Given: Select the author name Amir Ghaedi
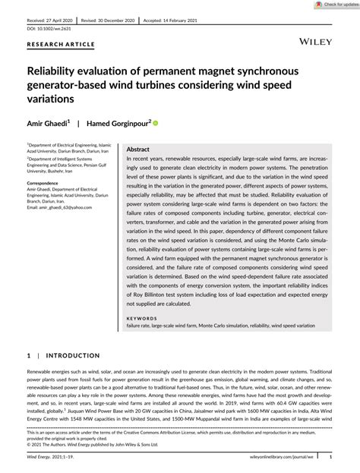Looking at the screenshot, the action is [50, 121].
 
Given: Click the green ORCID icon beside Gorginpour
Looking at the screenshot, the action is [178, 121].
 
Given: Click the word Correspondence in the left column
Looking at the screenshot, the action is [47, 184].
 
